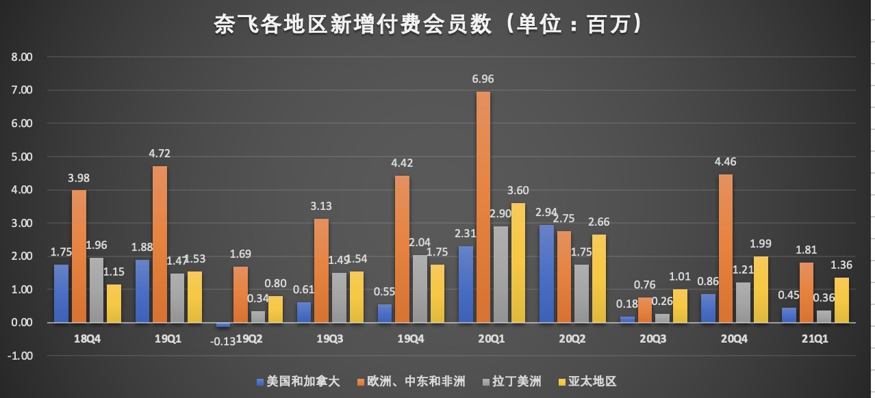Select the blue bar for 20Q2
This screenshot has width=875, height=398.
pyautogui.click(x=547, y=274)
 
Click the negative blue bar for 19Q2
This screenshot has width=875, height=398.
pyautogui.click(x=223, y=325)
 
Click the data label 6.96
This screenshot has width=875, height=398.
pyautogui.click(x=483, y=79)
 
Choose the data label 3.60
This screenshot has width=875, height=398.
pyautogui.click(x=518, y=191)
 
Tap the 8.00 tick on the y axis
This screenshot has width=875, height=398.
pyautogui.click(x=22, y=57)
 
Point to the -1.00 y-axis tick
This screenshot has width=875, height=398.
pyautogui.click(x=21, y=356)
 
